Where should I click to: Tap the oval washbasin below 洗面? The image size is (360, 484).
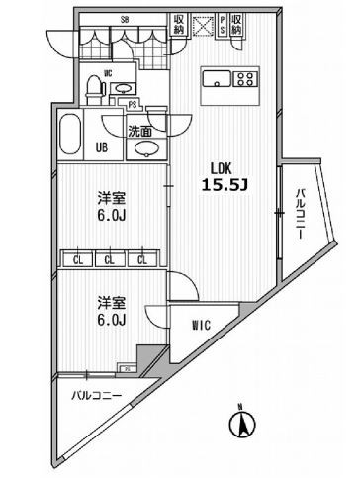click(143, 149)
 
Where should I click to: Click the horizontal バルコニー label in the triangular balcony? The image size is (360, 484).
click(96, 396)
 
